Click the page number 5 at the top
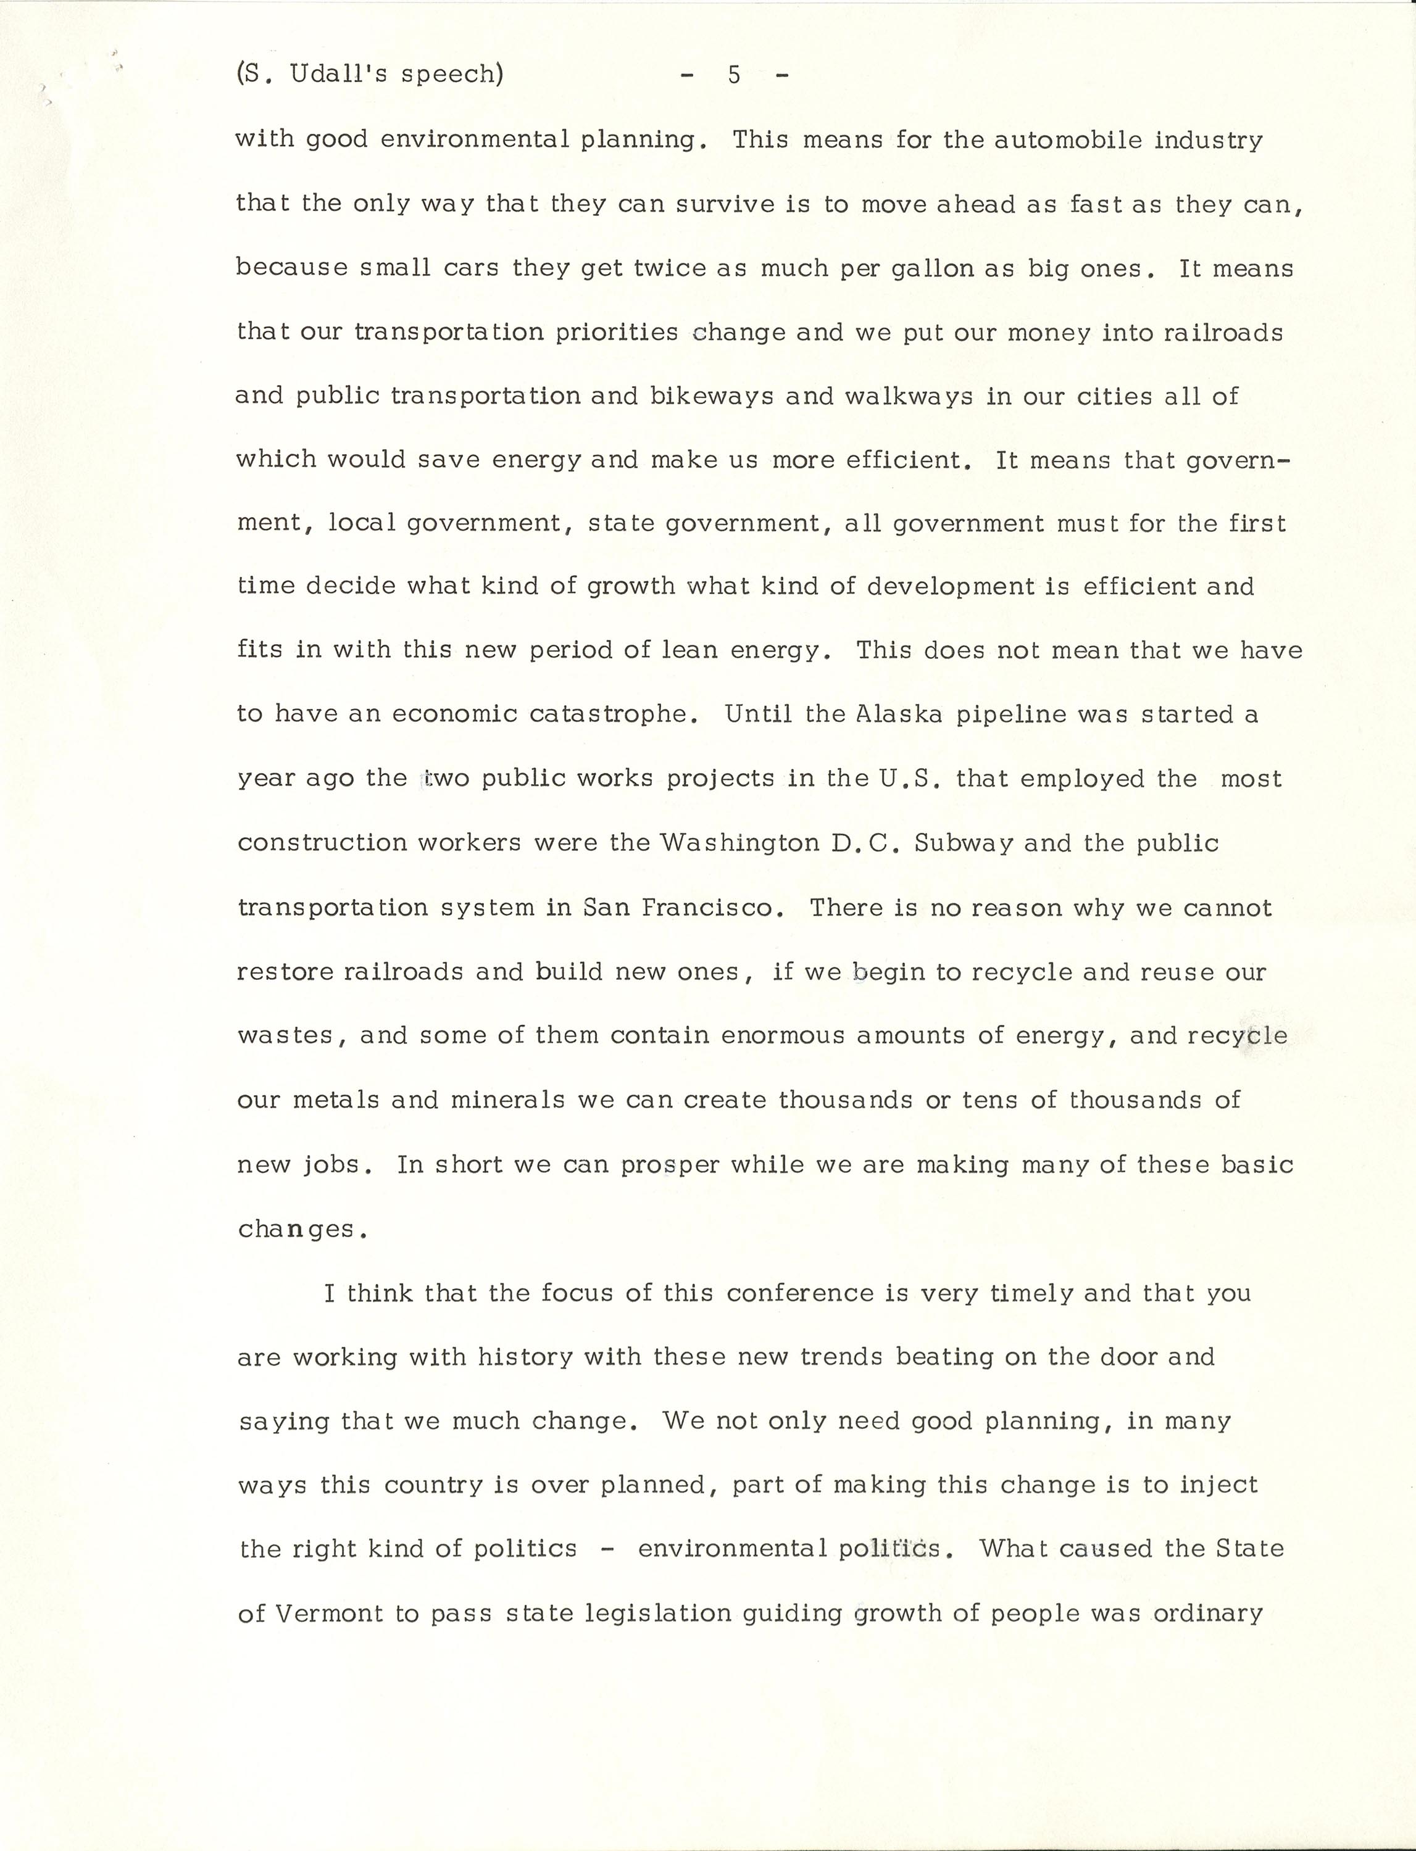(734, 75)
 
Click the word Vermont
(329, 1613)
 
